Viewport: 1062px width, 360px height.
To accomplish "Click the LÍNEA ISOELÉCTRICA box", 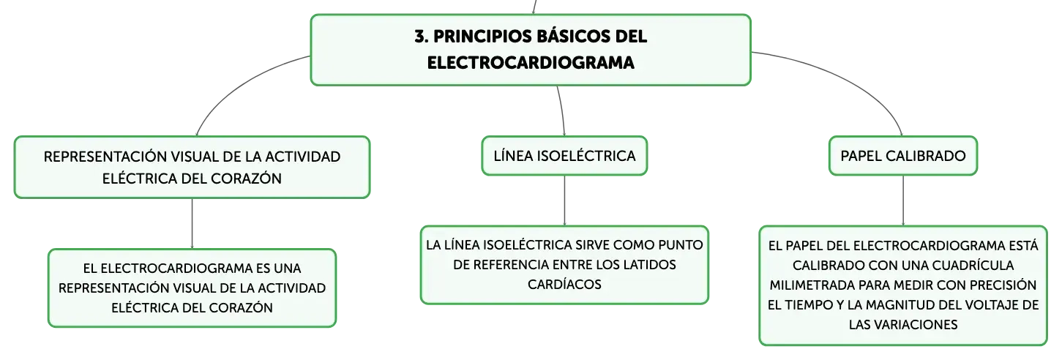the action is (x=564, y=156).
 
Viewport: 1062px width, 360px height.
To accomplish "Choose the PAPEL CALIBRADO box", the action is (x=903, y=156).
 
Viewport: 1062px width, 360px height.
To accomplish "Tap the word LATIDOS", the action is (x=649, y=264).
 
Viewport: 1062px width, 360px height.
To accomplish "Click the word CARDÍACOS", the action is (x=564, y=284).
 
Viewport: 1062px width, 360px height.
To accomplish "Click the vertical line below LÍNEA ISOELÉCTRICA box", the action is (x=564, y=200).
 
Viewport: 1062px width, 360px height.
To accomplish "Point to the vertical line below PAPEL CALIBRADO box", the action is (x=903, y=200).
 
